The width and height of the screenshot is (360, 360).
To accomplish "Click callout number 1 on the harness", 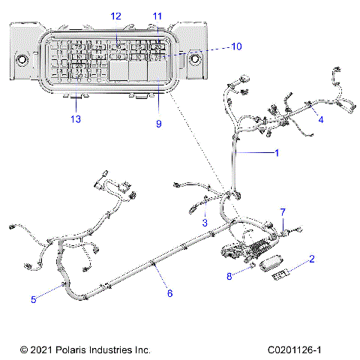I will tap(276, 153).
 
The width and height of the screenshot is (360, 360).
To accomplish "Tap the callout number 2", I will tap(311, 259).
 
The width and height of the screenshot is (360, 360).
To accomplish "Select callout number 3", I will tap(204, 223).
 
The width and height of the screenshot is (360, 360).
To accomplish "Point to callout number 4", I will tap(320, 119).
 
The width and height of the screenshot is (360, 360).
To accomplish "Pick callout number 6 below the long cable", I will tap(169, 293).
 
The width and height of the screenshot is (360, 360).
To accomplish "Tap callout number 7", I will tap(283, 211).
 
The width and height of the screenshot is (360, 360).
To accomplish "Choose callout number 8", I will tap(229, 276).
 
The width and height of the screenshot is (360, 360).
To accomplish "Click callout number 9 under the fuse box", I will tap(158, 124).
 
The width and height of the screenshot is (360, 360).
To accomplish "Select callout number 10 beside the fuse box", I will tap(236, 46).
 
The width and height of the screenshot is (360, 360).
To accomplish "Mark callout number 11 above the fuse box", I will tap(157, 15).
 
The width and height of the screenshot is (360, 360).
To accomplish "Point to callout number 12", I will tap(115, 15).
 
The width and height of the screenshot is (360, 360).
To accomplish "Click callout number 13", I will tap(74, 119).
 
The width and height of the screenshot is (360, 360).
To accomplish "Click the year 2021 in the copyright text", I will tap(43, 349).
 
